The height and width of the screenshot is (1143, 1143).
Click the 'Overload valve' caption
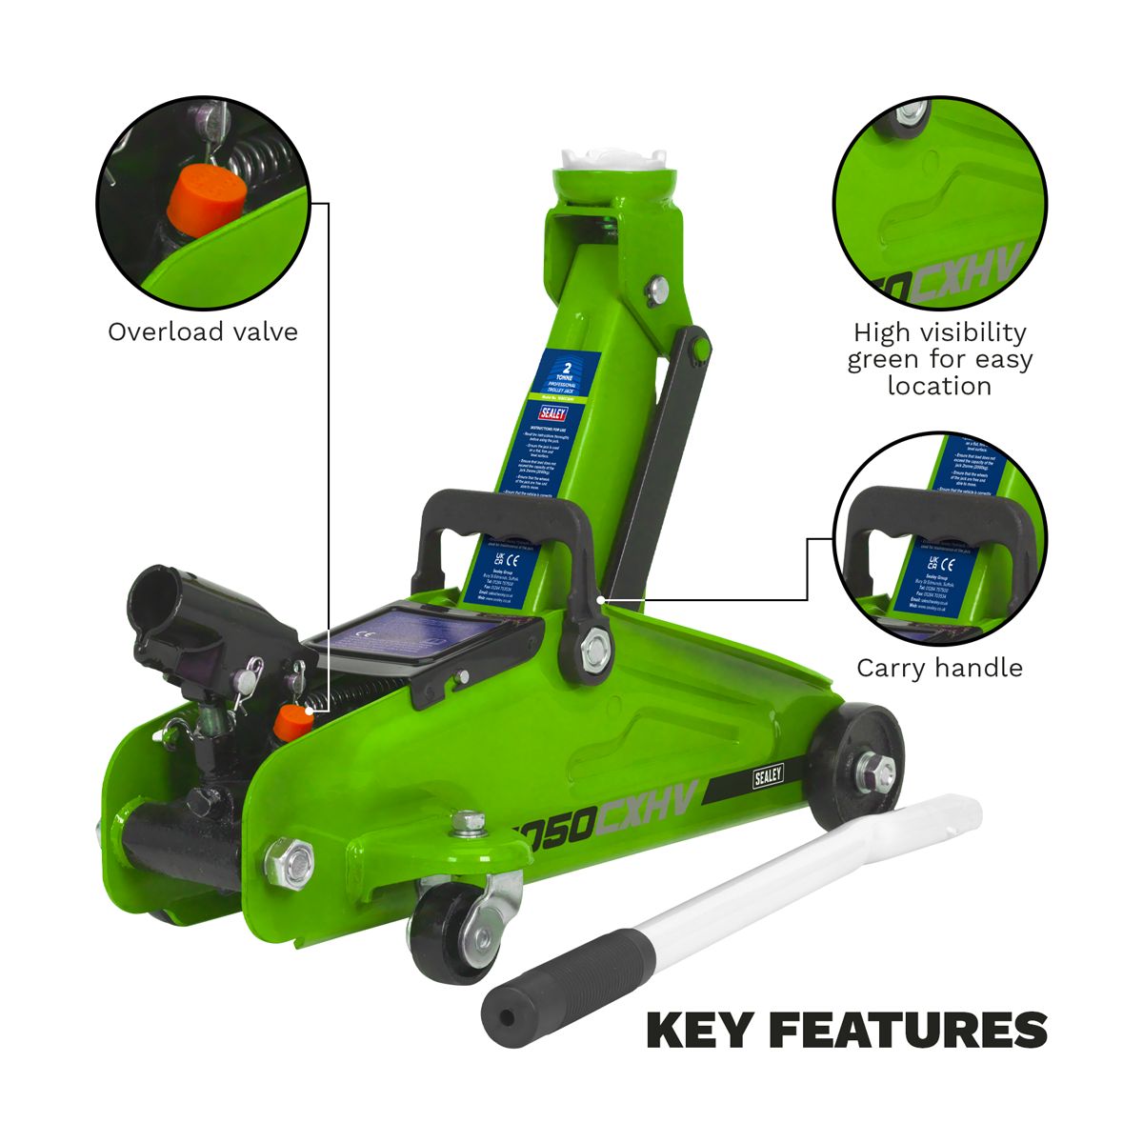coord(202,331)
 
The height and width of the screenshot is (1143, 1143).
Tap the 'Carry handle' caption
coord(939,668)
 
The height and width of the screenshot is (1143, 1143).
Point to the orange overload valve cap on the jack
coord(290,723)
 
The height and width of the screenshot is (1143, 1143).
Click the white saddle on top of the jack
coord(613,157)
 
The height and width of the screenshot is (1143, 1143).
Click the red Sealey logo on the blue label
coord(553,413)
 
